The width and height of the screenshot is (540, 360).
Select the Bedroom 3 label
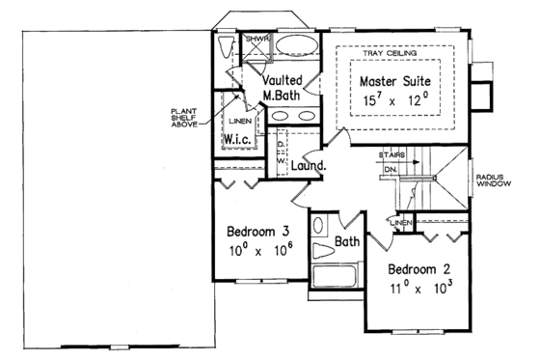coord(258,232)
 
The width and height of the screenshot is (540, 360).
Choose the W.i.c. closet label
coord(238,141)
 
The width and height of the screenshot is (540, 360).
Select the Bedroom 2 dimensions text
coord(421,288)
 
